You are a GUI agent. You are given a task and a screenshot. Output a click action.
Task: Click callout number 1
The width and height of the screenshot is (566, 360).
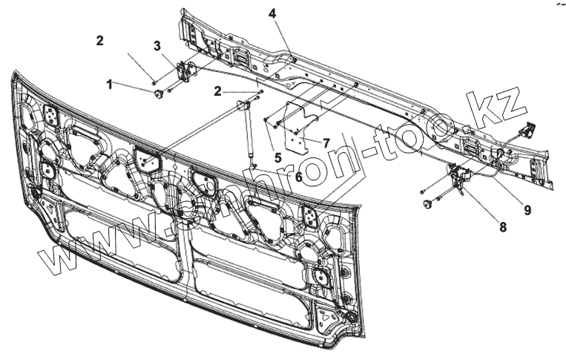[x=110, y=85]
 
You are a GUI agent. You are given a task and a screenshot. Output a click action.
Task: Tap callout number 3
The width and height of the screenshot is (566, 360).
[x=157, y=46]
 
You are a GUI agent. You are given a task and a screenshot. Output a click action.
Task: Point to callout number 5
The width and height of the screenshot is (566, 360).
[x=278, y=157]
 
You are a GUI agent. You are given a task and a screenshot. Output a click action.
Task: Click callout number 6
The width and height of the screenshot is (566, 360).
[x=297, y=177]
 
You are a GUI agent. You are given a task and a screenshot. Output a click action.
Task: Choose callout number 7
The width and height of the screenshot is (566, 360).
[x=326, y=141]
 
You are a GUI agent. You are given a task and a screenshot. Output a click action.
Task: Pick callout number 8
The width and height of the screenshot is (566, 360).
[x=503, y=227]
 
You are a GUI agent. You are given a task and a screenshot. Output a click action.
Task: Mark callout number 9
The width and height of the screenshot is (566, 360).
[x=527, y=210]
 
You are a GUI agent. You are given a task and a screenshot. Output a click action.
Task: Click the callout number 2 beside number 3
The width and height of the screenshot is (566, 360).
[x=99, y=41]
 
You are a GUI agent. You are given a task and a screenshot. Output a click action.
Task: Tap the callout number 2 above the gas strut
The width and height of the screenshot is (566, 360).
[x=217, y=91]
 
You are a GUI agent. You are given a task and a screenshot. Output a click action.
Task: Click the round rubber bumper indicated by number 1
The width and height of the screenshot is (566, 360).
[x=157, y=93]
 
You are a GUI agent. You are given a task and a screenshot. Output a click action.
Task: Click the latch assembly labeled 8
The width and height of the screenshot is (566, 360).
[x=461, y=175]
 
